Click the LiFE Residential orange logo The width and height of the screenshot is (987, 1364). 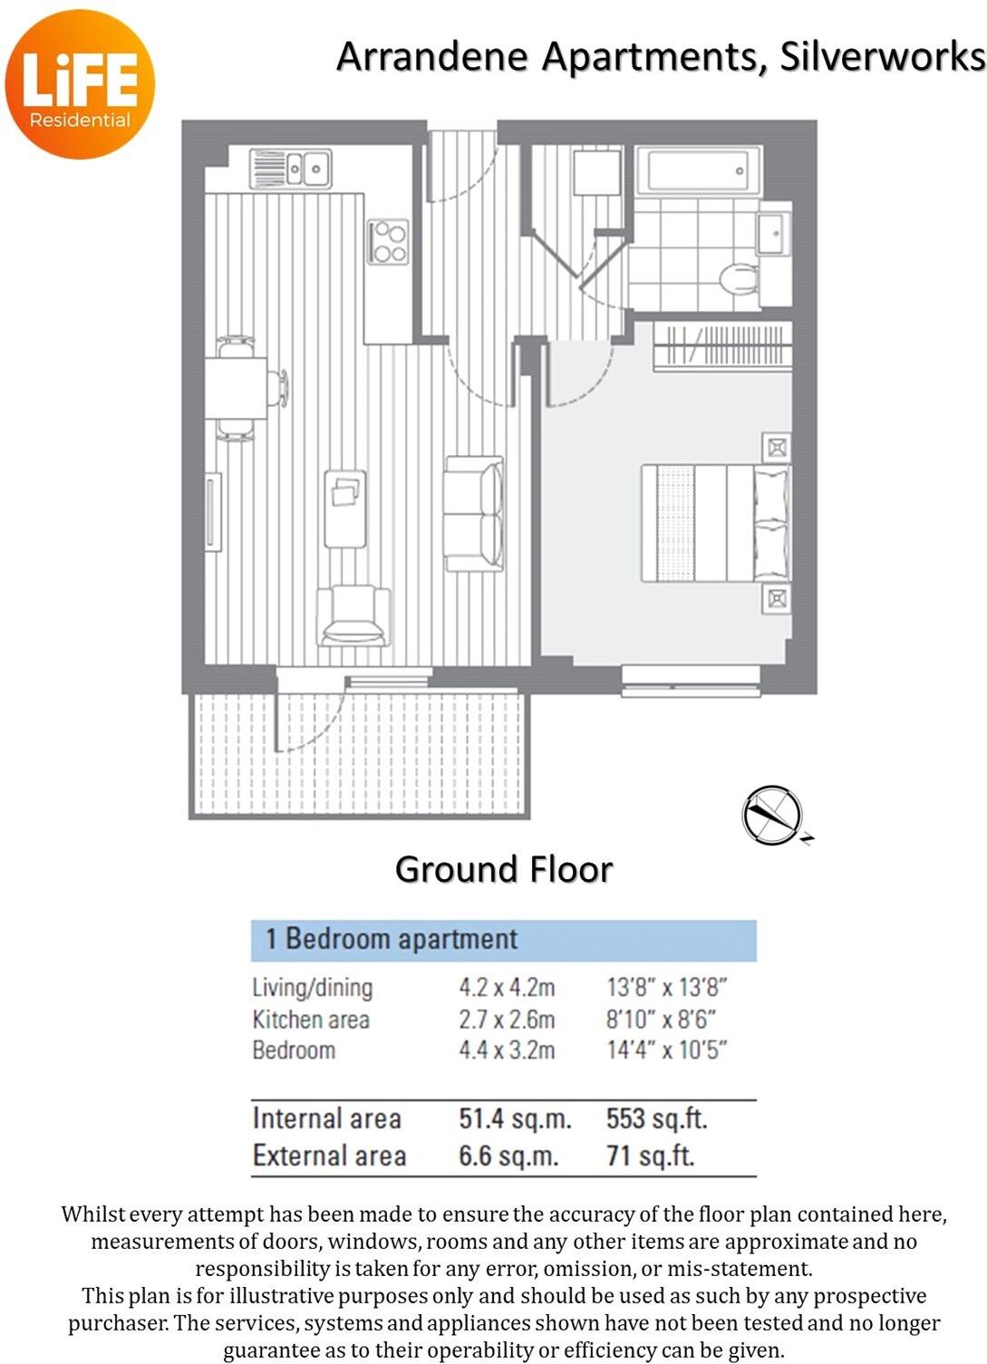coord(80,83)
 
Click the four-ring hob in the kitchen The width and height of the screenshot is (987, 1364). coord(388,242)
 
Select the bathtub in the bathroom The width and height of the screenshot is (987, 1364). coord(693,170)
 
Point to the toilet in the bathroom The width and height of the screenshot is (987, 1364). coord(739,279)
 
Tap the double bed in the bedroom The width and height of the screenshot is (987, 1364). coord(714,522)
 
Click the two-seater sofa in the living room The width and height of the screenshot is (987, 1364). coord(473,514)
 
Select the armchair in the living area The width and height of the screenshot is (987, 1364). coord(353,615)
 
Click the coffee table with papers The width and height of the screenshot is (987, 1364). coord(345,508)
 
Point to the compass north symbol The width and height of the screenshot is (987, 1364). coord(772,815)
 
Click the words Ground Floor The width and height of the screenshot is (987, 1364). coord(504,869)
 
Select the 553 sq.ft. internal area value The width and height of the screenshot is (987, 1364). coord(656,1118)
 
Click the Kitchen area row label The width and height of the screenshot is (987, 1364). coord(311,1020)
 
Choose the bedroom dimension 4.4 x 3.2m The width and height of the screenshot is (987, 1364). coord(507,1050)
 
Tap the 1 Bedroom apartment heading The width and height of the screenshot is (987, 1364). coord(392,939)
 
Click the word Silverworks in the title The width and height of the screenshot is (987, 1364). coord(882,57)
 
